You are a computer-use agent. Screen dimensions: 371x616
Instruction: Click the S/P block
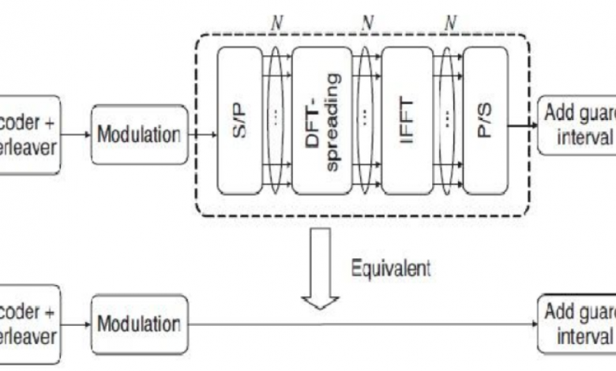coord(239,121)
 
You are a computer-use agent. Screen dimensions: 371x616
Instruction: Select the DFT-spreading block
coord(324,121)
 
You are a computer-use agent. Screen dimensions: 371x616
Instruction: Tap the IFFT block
coord(406,121)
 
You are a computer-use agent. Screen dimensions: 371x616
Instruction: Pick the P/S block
coord(484,121)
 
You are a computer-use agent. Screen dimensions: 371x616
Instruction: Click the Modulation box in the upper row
coord(140,134)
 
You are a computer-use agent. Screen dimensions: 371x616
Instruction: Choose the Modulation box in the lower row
coord(140,324)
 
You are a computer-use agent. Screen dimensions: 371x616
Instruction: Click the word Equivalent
coord(391,268)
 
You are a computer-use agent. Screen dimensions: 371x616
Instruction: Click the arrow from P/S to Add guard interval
coord(521,123)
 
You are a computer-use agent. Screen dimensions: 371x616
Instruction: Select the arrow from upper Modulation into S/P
coord(202,134)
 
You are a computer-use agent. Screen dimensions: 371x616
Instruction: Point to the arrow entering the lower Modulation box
coord(76,324)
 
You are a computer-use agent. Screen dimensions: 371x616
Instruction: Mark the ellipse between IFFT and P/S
coord(448,120)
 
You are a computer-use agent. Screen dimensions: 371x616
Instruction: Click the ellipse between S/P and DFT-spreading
coord(276,120)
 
